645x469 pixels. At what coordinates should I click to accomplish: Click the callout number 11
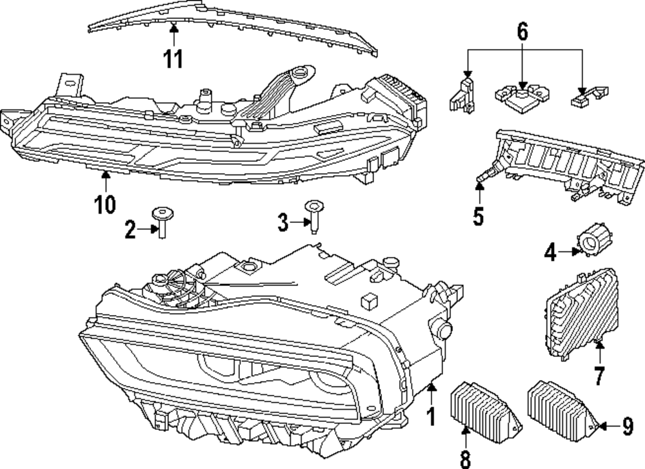[x=172, y=59]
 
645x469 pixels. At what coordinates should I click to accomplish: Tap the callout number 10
[x=104, y=204]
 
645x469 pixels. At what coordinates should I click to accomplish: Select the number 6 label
[x=522, y=30]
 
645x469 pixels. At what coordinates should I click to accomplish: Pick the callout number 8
[x=465, y=458]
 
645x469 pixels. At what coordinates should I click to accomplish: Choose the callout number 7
[x=599, y=376]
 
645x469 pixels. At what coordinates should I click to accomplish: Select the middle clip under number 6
[x=519, y=96]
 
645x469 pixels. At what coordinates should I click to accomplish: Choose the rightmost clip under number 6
[x=590, y=95]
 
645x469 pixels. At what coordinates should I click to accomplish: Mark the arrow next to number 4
[x=568, y=252]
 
